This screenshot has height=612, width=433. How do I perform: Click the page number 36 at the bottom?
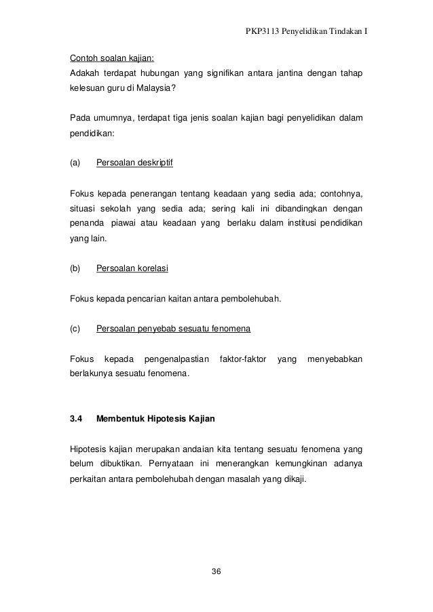(x=216, y=573)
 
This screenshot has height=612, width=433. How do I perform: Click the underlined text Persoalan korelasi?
(x=132, y=268)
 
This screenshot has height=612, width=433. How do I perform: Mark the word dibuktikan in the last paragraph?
(x=117, y=464)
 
